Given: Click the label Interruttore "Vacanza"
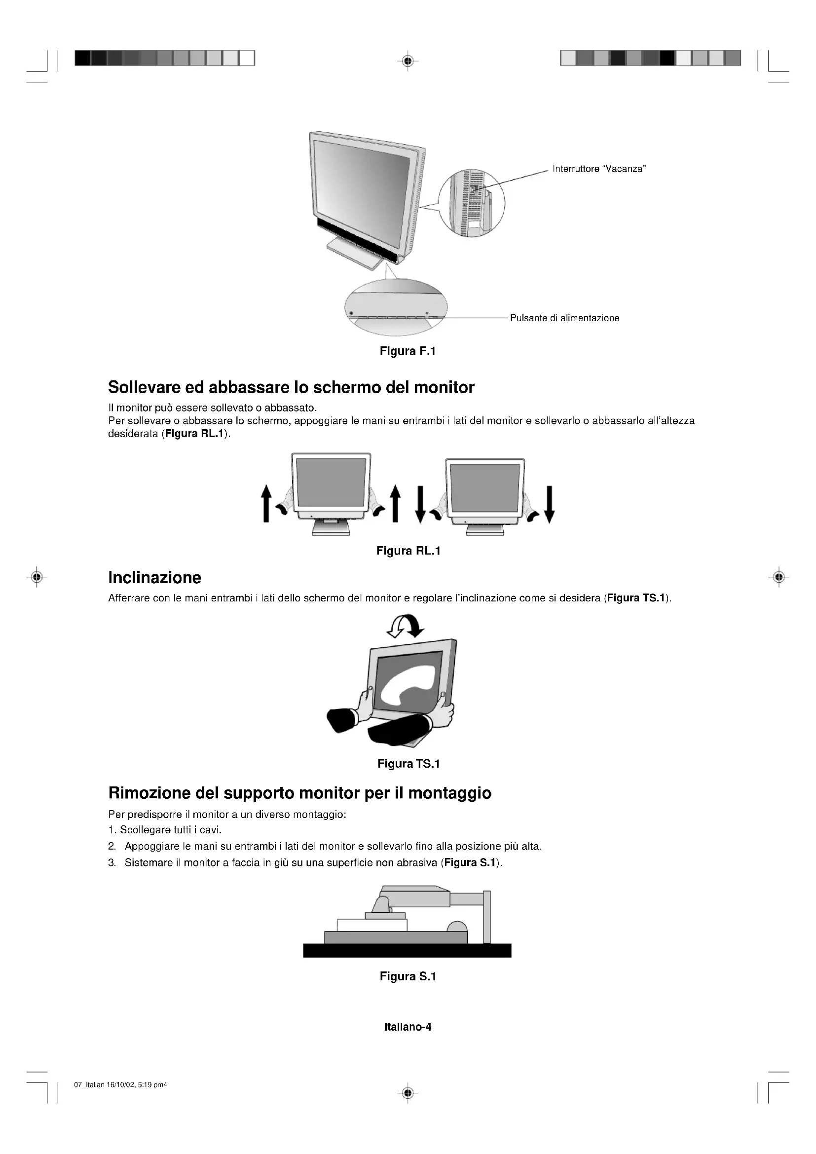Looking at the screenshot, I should coord(599,169).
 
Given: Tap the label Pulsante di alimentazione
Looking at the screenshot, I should coord(564,318).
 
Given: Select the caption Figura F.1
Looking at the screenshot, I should coord(408,351).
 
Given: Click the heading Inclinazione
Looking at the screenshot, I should coord(155,578).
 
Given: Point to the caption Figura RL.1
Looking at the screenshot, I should coord(408,551).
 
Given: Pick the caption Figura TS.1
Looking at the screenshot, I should coord(408,764).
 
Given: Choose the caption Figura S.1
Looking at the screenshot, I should coord(408,976).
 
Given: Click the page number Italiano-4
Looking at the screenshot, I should coord(408,1027).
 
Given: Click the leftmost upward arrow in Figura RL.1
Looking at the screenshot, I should coord(266,504).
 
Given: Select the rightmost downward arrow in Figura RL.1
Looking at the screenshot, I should coord(550,504).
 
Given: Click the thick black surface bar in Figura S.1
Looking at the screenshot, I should coord(407,950).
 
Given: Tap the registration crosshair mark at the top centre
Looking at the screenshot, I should coord(408,61).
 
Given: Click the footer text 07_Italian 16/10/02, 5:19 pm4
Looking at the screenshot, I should coord(120,1084).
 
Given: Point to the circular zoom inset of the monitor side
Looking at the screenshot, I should coord(471,203).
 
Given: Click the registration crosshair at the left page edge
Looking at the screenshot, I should coord(36,577).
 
